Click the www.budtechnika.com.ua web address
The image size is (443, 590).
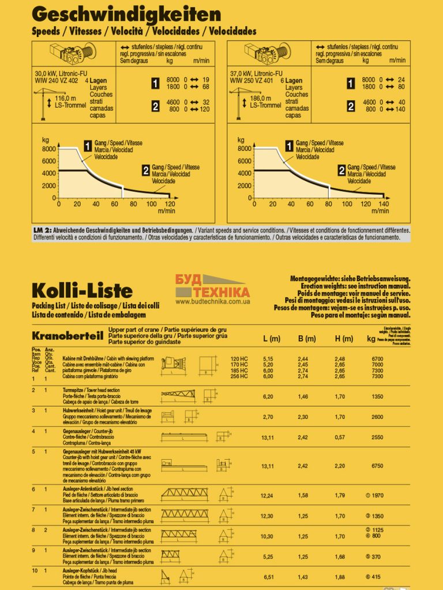tap(212, 301)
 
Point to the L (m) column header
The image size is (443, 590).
tap(271, 339)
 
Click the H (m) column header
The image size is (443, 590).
tap(344, 339)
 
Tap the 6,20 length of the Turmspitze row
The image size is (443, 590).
tap(267, 396)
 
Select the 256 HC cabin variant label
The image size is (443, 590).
tap(239, 376)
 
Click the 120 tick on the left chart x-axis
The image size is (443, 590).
tap(170, 204)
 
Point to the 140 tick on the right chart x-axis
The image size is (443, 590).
tap(384, 204)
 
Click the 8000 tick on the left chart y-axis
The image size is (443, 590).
tap(49, 149)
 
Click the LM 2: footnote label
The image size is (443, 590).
tap(42, 230)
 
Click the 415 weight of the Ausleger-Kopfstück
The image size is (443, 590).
tap(375, 577)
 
